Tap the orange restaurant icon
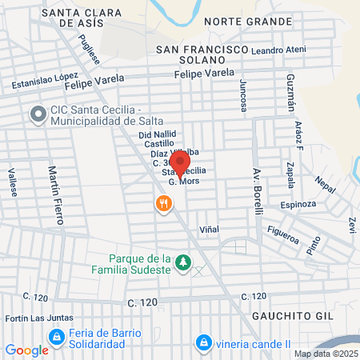[164, 203]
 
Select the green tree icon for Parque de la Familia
[184, 262]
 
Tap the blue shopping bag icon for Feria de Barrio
[55, 337]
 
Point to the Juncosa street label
[241, 96]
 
